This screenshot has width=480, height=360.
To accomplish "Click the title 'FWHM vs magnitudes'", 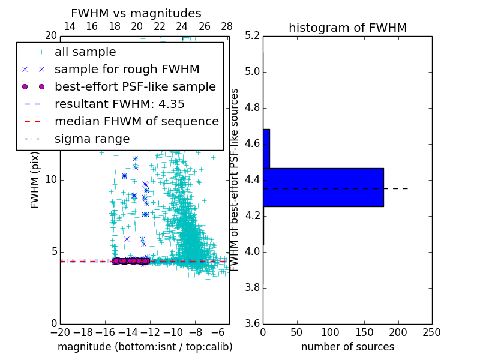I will pos(136,13).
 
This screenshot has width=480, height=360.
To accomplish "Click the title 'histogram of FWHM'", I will pos(347,28).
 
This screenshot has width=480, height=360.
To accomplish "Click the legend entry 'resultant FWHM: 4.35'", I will pos(119,104).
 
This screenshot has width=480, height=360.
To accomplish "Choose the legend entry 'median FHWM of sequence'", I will pos(136,122).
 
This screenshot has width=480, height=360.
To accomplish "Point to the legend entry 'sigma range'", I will pos(92,139).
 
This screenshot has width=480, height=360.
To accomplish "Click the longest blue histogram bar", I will pos(323,187).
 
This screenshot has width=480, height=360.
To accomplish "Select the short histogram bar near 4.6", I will pos(266,148).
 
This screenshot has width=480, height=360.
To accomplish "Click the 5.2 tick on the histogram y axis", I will pos(252,36).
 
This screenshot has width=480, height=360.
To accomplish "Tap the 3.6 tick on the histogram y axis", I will pos(252,323).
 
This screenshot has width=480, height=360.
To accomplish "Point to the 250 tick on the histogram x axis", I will pos(431,332).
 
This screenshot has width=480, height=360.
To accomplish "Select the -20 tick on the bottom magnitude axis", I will pos(59,332).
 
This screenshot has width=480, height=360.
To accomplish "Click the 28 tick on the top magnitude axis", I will pos(227,26).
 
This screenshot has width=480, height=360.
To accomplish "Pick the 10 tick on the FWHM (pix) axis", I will pos(52,180).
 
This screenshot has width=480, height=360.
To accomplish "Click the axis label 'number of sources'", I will pos(347,347).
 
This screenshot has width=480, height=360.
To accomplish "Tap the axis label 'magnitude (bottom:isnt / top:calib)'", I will pos(145,347).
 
